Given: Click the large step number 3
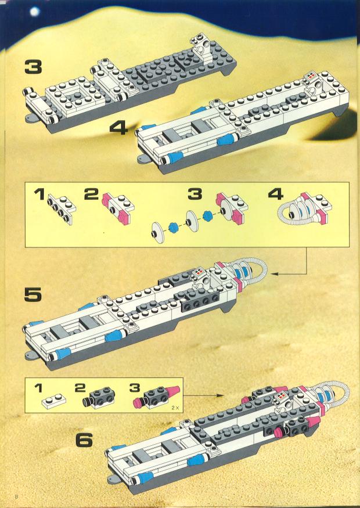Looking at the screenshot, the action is pyautogui.click(x=33, y=67).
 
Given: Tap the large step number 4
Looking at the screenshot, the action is pyautogui.click(x=118, y=128).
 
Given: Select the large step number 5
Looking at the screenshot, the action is pyautogui.click(x=33, y=295).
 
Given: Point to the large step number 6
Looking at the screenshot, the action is pyautogui.click(x=84, y=439).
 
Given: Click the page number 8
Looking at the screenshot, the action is pyautogui.click(x=15, y=496).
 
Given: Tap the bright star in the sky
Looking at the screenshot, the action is pyautogui.click(x=34, y=12).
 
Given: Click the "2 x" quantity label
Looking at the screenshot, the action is pyautogui.click(x=175, y=408).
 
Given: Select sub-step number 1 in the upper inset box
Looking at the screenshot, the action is pyautogui.click(x=39, y=194).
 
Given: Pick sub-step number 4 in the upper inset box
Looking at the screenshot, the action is pyautogui.click(x=276, y=194).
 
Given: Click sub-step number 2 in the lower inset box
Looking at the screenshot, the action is pyautogui.click(x=80, y=388).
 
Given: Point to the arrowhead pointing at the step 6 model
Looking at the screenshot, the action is pyautogui.click(x=220, y=395).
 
